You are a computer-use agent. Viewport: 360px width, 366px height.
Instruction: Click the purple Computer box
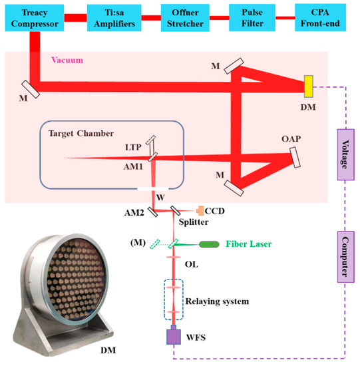pyautogui.click(x=344, y=253)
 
